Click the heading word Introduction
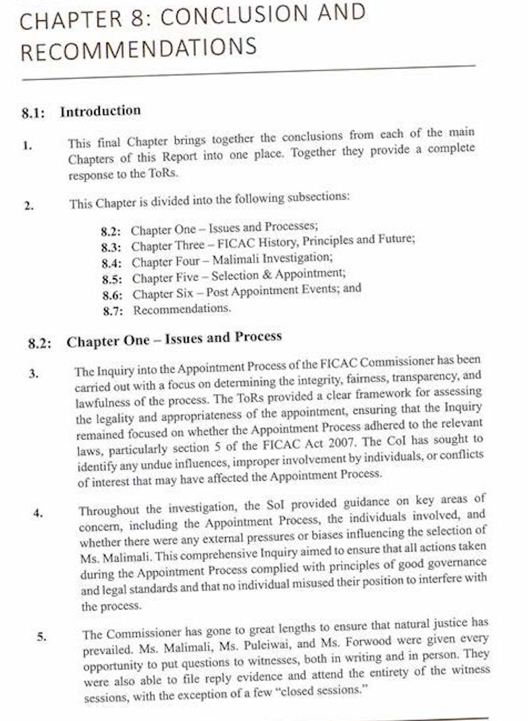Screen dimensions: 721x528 (100, 111)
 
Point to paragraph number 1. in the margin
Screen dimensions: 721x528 (27, 145)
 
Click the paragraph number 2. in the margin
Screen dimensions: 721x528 (28, 206)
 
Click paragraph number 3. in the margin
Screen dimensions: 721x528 (34, 374)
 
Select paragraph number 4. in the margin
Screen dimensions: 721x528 (38, 513)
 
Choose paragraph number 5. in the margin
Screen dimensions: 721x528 (41, 637)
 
